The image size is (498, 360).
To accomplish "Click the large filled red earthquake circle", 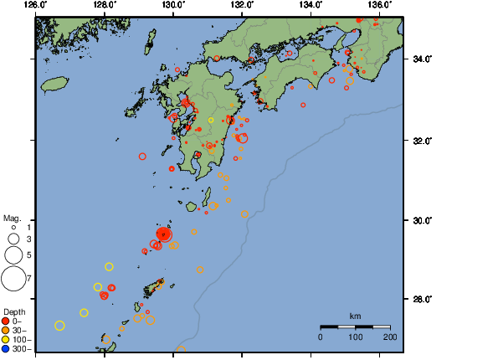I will [165, 234].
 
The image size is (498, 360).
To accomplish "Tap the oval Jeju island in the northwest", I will [54, 84].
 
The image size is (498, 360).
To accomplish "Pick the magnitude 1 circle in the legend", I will [13, 227].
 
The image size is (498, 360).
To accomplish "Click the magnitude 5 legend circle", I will [13, 255].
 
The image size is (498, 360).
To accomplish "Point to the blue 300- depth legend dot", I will [6, 348].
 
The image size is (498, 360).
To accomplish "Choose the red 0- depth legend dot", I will [6, 321].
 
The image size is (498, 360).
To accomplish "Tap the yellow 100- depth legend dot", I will [6, 339].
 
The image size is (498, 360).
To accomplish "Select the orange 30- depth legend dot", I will [6, 330].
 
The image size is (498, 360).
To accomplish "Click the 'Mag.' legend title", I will [12, 218].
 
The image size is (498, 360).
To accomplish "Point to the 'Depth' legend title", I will [13, 311].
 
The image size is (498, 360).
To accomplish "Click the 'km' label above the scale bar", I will [355, 316].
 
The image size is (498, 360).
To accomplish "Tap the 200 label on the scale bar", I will [390, 337].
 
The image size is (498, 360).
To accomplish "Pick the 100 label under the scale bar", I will [355, 337].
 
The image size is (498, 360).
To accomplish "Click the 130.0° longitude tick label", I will [173, 5].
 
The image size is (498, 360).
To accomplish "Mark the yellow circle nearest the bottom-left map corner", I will [59, 326].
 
